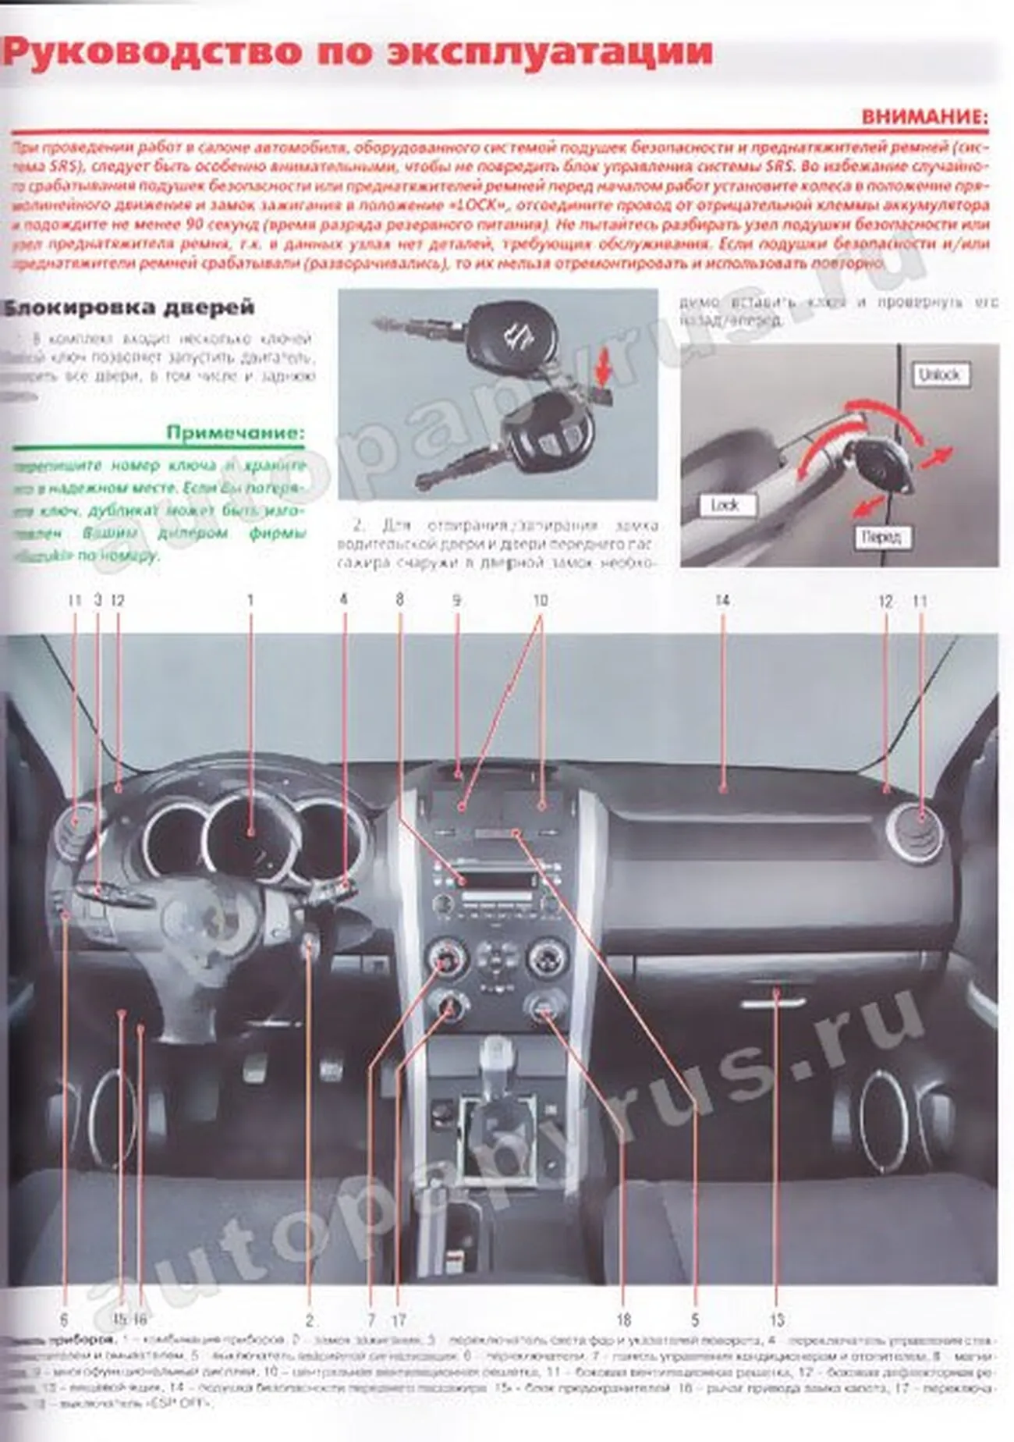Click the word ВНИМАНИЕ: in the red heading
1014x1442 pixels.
[924, 118]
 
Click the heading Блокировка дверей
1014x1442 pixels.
[129, 307]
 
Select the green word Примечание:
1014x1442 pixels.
[236, 432]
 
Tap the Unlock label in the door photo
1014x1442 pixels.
[940, 375]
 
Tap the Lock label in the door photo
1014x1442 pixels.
[725, 506]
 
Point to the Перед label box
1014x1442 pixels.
[881, 537]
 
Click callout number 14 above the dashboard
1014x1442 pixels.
[722, 600]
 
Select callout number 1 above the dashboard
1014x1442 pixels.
[250, 600]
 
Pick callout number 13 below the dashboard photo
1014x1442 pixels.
[776, 1320]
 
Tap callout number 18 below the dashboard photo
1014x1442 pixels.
[623, 1320]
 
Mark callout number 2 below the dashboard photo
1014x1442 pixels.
[310, 1320]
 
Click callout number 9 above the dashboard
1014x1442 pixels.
[456, 600]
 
